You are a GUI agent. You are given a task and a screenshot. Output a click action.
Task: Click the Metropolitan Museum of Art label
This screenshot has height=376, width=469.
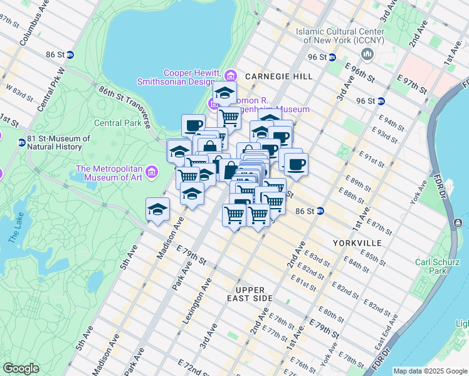click(x=110, y=172)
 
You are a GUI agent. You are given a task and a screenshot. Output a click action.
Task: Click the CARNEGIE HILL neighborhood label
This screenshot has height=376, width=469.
click(x=278, y=76)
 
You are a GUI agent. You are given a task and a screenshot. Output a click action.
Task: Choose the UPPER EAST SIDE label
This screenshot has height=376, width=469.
click(x=255, y=294)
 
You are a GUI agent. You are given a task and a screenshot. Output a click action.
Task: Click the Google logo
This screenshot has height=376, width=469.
click(x=21, y=368)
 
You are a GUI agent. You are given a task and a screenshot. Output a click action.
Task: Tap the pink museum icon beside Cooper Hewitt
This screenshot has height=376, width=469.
click(x=230, y=76)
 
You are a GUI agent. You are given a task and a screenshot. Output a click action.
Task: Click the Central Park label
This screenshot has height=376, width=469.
click(x=118, y=123)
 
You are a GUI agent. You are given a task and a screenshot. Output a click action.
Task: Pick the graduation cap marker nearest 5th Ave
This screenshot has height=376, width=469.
click(x=158, y=209)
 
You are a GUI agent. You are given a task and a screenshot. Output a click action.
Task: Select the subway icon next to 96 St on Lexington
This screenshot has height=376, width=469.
click(x=381, y=100)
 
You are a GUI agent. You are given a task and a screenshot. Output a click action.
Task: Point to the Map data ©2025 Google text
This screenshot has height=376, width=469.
click(x=430, y=371)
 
